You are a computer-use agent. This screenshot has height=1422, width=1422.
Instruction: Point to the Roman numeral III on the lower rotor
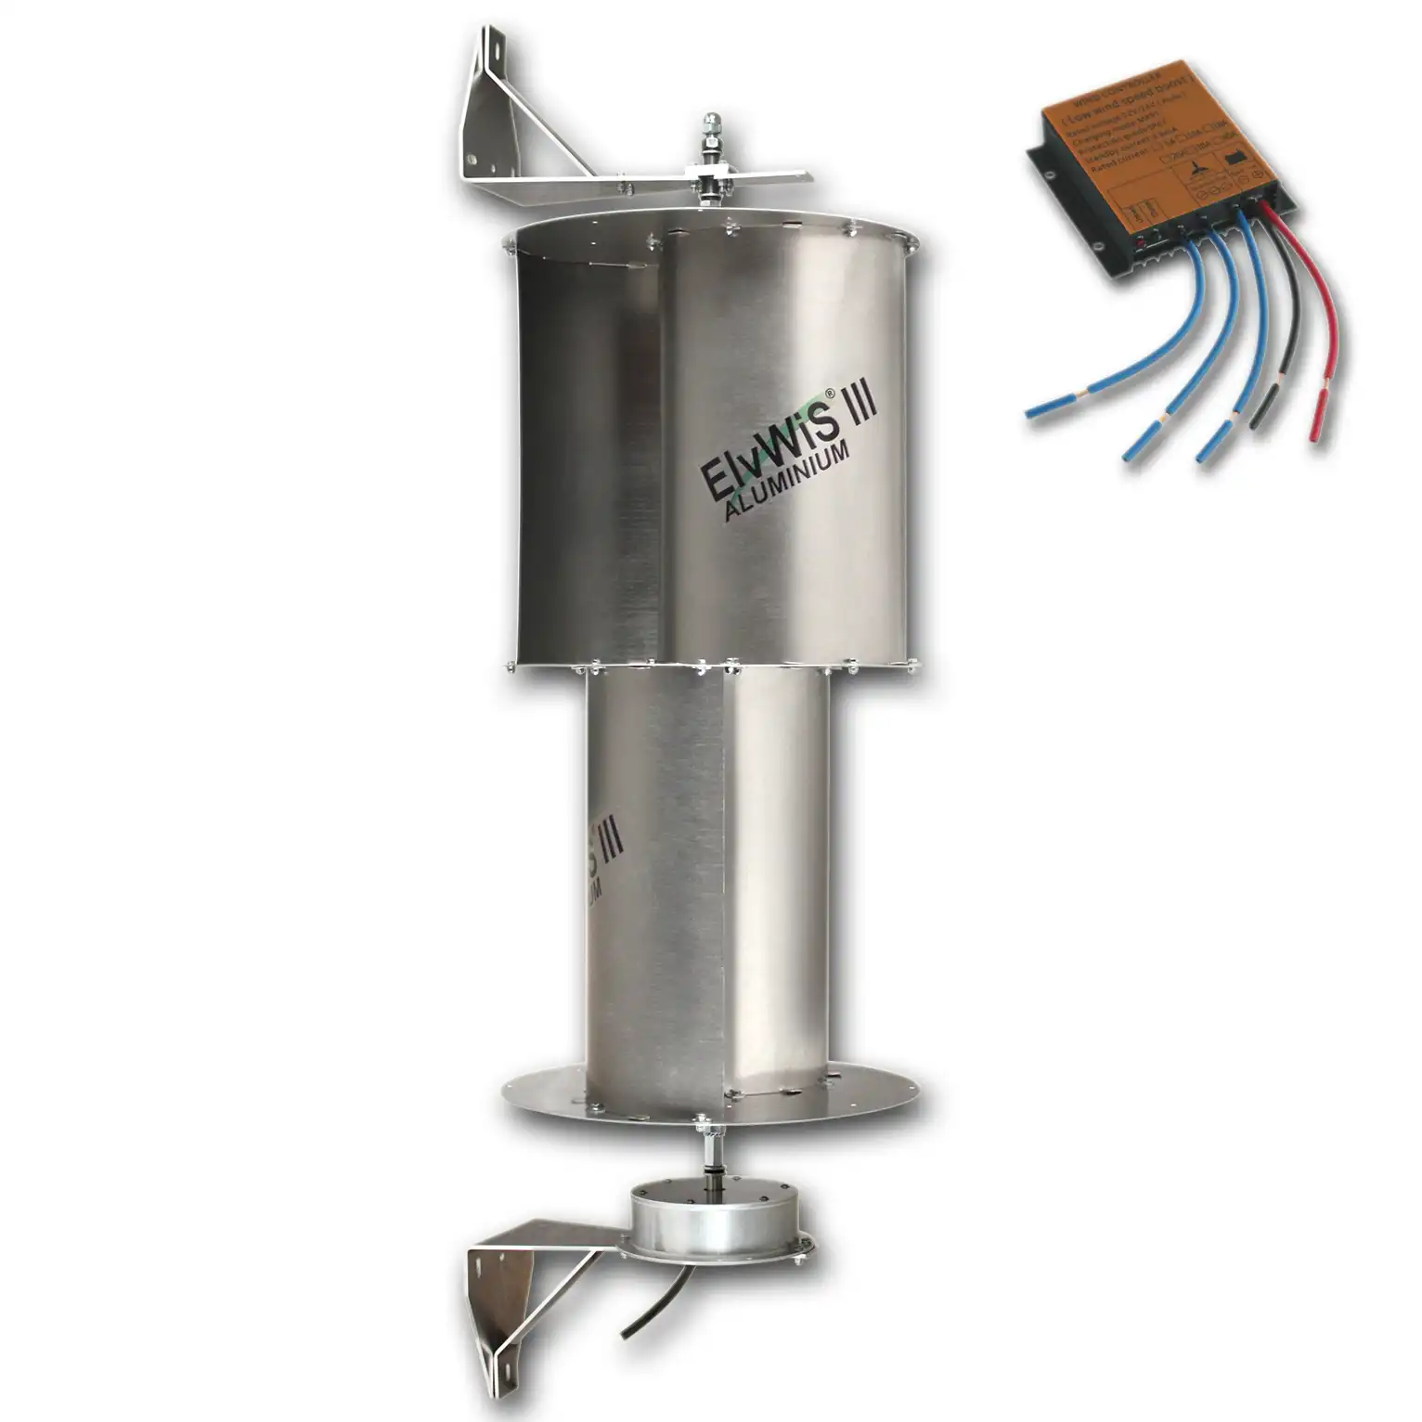click(609, 841)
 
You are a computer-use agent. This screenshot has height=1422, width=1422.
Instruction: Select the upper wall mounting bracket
click(520, 139)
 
